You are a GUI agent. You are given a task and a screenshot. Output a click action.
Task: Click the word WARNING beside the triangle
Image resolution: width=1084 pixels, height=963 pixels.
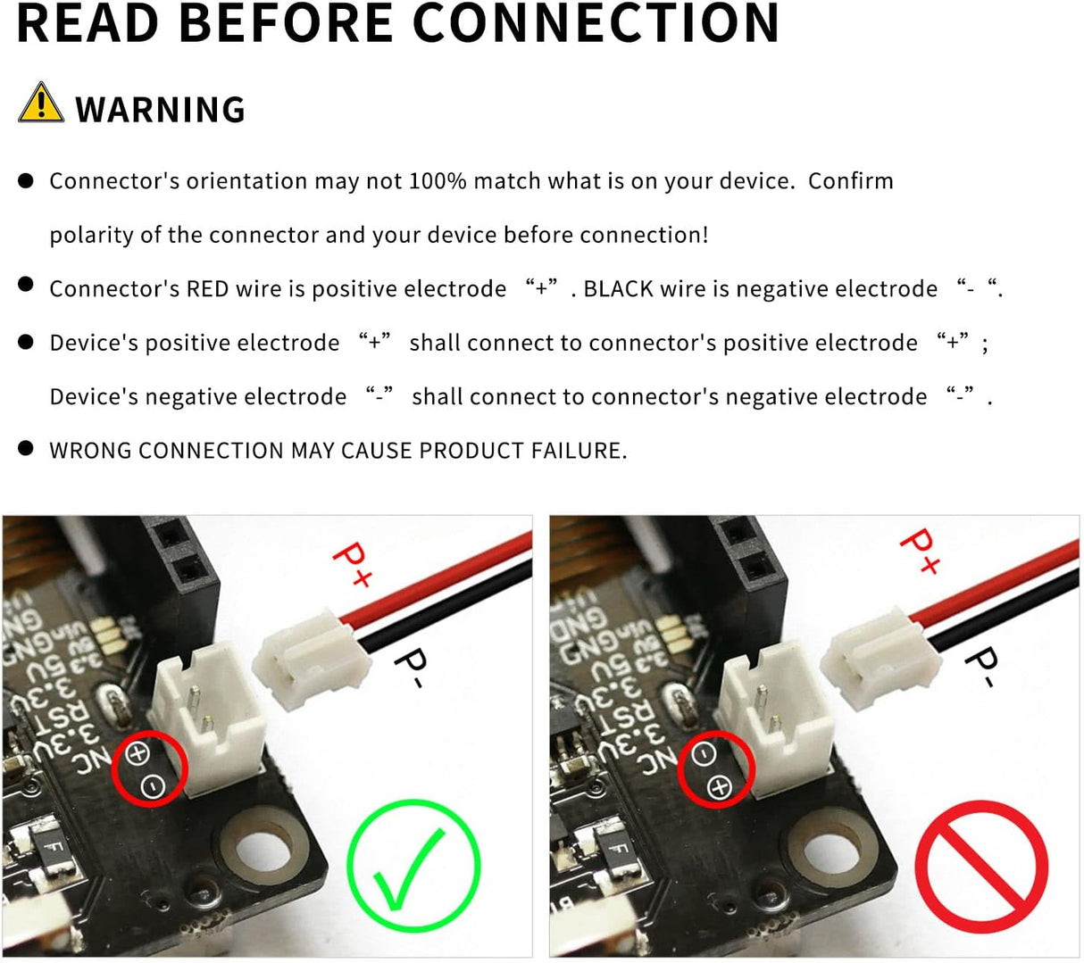pyautogui.click(x=161, y=110)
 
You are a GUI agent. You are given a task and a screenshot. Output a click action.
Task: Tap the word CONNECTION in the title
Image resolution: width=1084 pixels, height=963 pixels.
pyautogui.click(x=596, y=23)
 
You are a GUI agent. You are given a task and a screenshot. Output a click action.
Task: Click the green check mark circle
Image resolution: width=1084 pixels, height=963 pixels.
pyautogui.click(x=413, y=865)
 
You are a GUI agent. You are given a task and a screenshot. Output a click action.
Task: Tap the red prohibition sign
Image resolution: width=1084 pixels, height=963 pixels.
pyautogui.click(x=981, y=867)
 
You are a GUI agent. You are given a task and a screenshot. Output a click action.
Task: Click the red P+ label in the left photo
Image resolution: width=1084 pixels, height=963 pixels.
pyautogui.click(x=352, y=565)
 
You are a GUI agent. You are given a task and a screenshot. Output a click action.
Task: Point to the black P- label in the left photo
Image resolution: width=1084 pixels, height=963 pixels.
pyautogui.click(x=411, y=667)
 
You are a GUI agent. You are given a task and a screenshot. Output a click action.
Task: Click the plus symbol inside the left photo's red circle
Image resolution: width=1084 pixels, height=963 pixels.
pyautogui.click(x=138, y=753)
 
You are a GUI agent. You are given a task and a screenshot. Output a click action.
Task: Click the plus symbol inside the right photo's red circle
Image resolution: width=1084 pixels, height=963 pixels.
pyautogui.click(x=720, y=787)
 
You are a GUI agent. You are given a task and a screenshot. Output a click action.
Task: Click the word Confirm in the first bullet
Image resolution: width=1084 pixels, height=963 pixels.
pyautogui.click(x=851, y=180)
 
